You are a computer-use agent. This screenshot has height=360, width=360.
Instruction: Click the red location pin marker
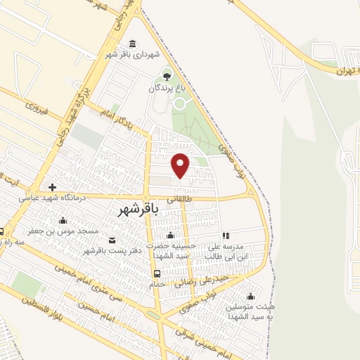coord(181,165)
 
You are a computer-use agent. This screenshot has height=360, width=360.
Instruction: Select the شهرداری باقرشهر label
coord(134,53)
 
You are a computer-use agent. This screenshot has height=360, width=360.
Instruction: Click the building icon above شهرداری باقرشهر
coord(134,43)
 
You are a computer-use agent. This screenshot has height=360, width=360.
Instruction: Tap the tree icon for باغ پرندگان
coord(167,75)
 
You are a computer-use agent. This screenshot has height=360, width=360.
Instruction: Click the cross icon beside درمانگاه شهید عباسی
coord(52,187)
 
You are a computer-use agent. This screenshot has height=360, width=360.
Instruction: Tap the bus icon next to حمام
coord(156,274)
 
